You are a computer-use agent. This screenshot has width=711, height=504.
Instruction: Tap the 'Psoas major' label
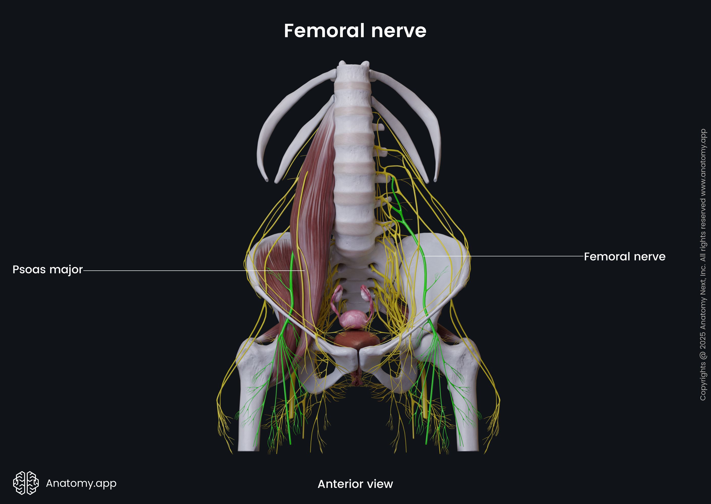47,269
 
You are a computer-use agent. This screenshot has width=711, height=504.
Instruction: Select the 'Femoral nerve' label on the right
625,256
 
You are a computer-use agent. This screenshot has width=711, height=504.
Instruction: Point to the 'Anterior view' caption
355,484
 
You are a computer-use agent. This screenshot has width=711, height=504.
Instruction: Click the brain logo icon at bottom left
26,483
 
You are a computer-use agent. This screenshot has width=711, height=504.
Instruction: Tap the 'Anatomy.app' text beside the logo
81,483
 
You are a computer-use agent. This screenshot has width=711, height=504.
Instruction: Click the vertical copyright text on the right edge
703,264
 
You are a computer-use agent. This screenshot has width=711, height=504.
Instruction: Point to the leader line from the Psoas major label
194,271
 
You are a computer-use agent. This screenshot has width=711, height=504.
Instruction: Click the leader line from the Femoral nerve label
503,256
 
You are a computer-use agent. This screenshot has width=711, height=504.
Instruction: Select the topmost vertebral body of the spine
353,73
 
